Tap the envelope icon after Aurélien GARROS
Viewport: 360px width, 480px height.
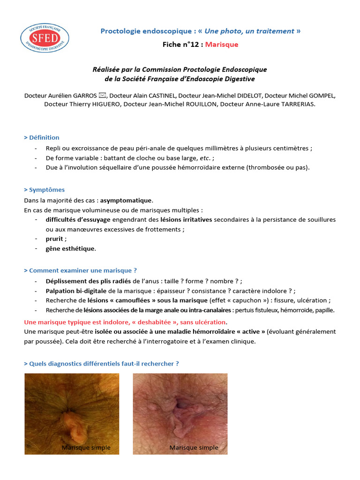coord(103,96)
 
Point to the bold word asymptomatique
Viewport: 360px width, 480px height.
coord(126,200)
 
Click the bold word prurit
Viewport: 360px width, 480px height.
coord(55,239)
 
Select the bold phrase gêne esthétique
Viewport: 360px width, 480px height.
coord(70,248)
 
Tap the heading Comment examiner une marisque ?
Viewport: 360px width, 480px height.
coord(80,270)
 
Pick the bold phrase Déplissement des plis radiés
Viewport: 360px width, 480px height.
coord(88,281)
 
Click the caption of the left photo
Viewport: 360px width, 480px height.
coord(86,448)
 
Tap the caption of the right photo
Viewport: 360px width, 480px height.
coord(194,448)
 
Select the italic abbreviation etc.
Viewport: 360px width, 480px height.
coord(205,158)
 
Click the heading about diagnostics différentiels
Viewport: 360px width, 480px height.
coord(101,363)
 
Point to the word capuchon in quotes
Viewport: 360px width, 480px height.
coord(262,300)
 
